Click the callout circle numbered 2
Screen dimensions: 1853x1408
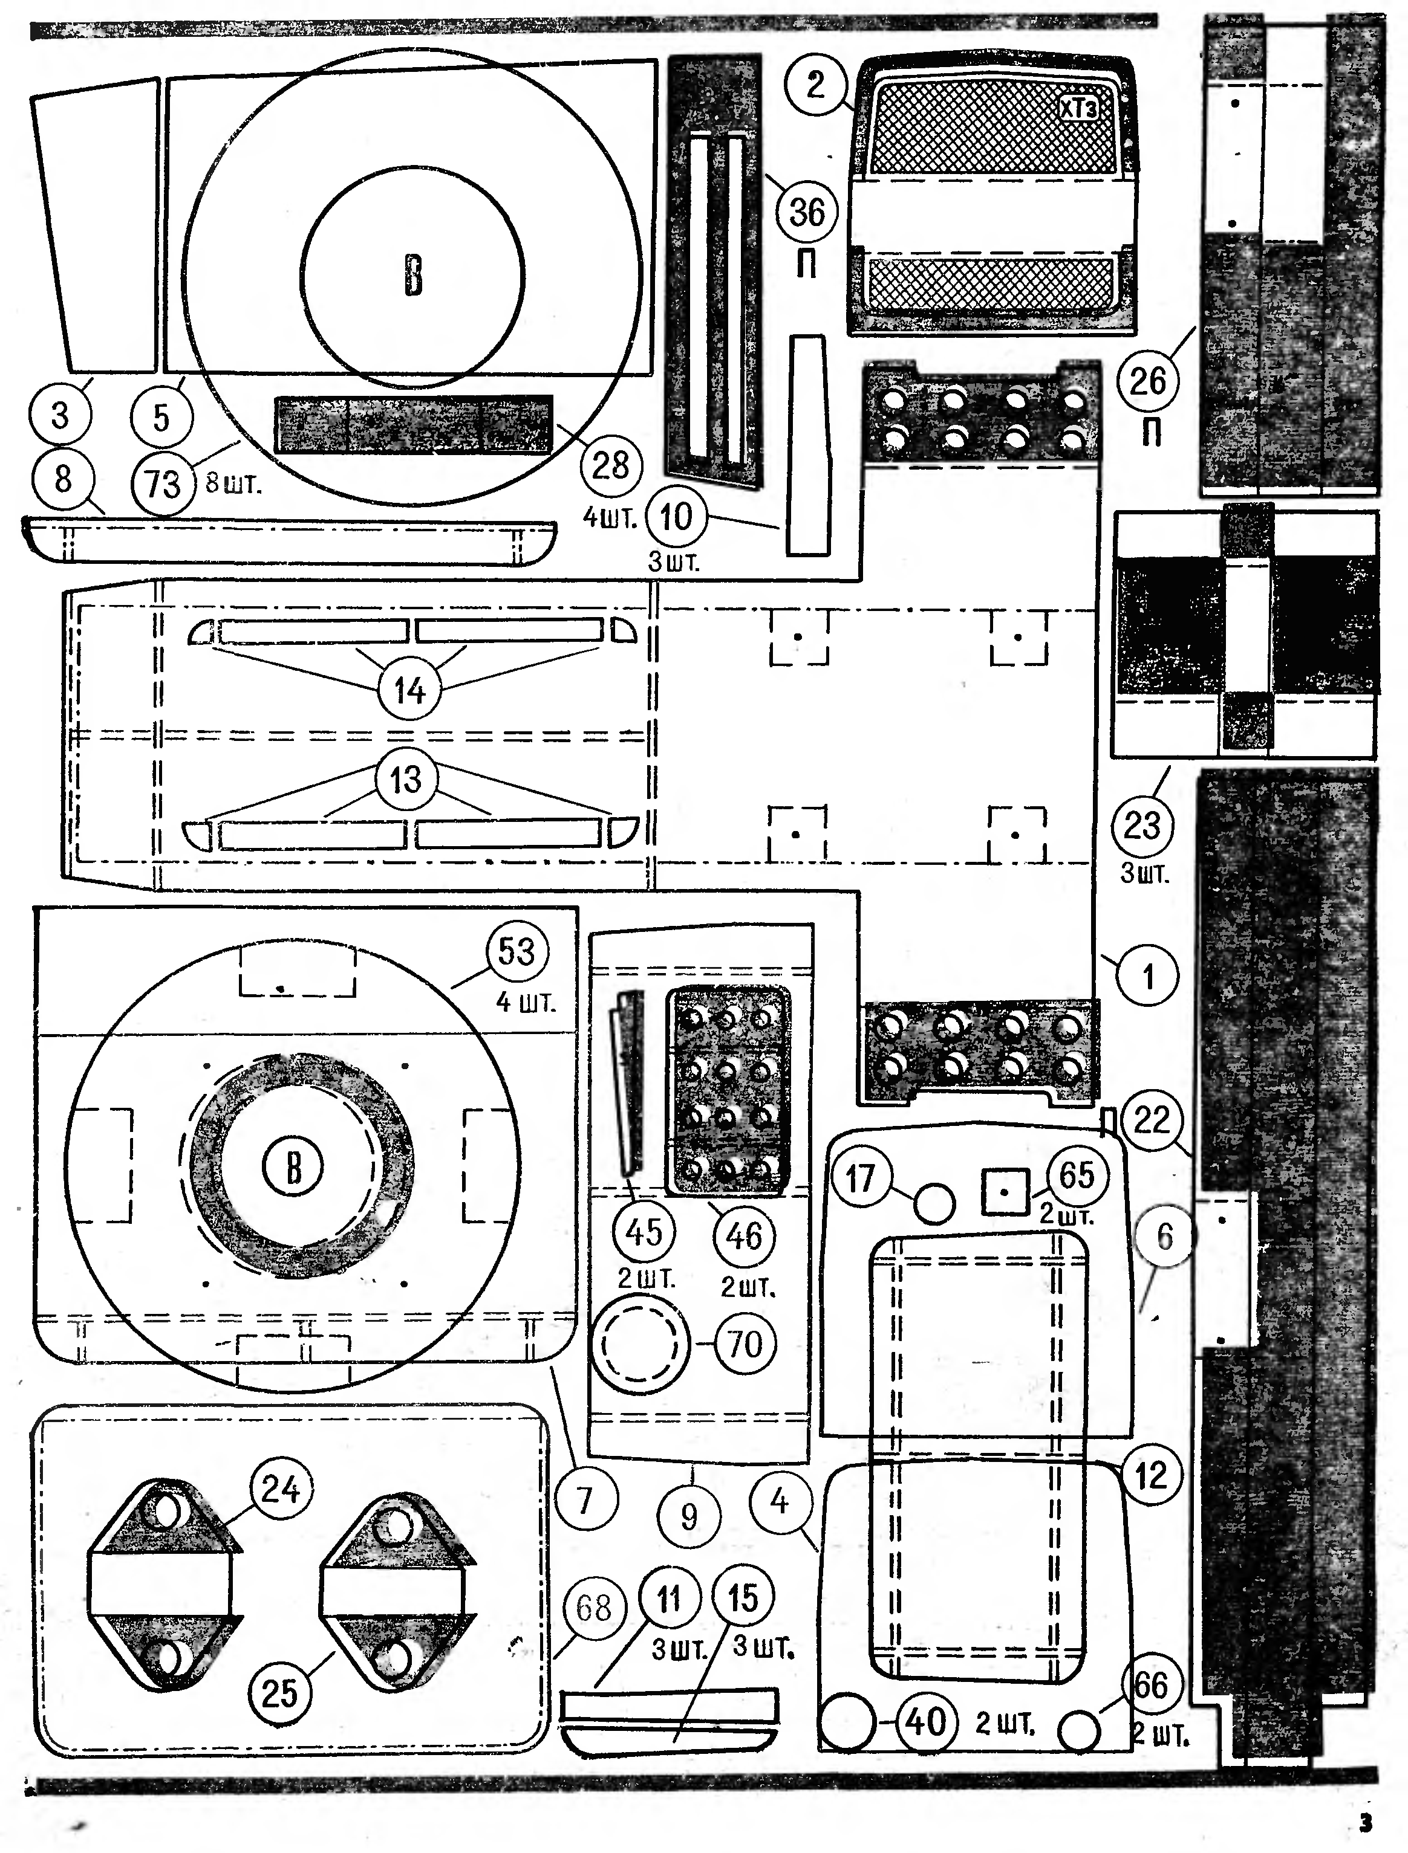[815, 84]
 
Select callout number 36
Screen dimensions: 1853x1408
[807, 212]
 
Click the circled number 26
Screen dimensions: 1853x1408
[1147, 381]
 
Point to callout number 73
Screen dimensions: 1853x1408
[163, 484]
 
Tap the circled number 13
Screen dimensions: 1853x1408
[406, 780]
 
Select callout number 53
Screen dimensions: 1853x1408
[517, 952]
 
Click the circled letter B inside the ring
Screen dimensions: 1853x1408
[293, 1166]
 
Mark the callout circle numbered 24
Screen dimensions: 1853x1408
[281, 1489]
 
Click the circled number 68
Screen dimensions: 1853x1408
[593, 1608]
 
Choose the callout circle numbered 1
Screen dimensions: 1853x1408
[1147, 976]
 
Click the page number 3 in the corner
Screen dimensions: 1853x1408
[1366, 1823]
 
